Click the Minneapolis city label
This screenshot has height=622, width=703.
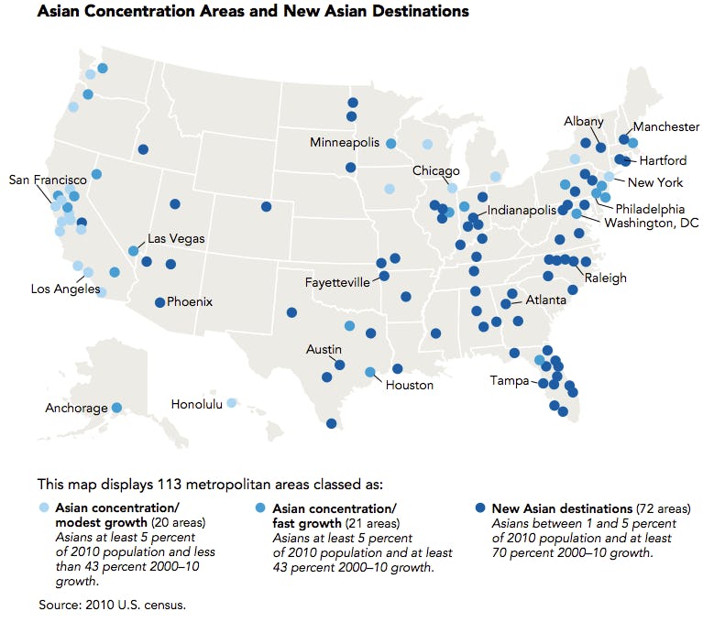344,143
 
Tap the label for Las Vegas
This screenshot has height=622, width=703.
176,238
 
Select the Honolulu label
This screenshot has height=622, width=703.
196,404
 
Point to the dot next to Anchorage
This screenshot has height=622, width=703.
117,408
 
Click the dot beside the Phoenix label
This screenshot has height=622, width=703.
159,302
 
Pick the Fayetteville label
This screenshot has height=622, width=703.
337,282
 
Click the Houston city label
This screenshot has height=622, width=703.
409,385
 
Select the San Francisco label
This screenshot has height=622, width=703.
48,180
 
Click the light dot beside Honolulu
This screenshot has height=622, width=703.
232,402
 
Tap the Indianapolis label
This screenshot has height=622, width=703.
522,210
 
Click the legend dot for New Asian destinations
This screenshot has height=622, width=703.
480,507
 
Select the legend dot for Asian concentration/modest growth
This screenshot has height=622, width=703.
43,507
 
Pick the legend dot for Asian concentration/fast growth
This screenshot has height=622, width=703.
261,507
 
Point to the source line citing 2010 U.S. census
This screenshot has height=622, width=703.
111,605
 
